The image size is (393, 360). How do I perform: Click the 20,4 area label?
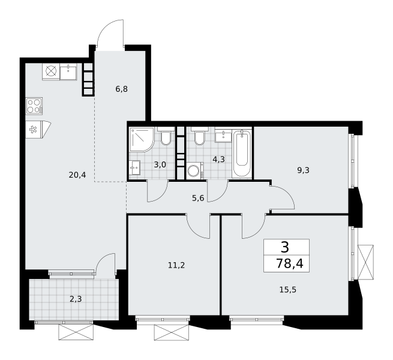coord(77,175)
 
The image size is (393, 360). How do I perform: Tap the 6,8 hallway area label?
coord(122,89)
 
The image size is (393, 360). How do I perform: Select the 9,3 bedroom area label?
coord(303,170)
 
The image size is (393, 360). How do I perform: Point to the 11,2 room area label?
coord(176,265)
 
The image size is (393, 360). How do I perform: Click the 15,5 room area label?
coord(288,290)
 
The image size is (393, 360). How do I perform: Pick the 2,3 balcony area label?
coord(76,299)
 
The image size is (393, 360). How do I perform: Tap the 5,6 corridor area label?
coord(198,198)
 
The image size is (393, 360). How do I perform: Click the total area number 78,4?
coord(289,263)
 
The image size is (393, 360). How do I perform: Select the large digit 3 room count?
coord(285,247)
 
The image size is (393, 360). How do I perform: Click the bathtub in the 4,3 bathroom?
coord(242,154)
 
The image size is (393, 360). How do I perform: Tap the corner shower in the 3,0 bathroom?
coord(142,139)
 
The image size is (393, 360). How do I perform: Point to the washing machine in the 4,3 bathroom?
coord(195,171)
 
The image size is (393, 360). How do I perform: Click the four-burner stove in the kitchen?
coord(34,106)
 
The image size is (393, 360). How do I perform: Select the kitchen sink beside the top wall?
coord(68,71)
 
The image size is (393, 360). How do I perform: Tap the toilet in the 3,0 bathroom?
coord(166,136)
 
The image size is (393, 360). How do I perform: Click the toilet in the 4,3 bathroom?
coord(200,136)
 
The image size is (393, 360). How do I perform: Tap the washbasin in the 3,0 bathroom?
coord(135,168)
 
